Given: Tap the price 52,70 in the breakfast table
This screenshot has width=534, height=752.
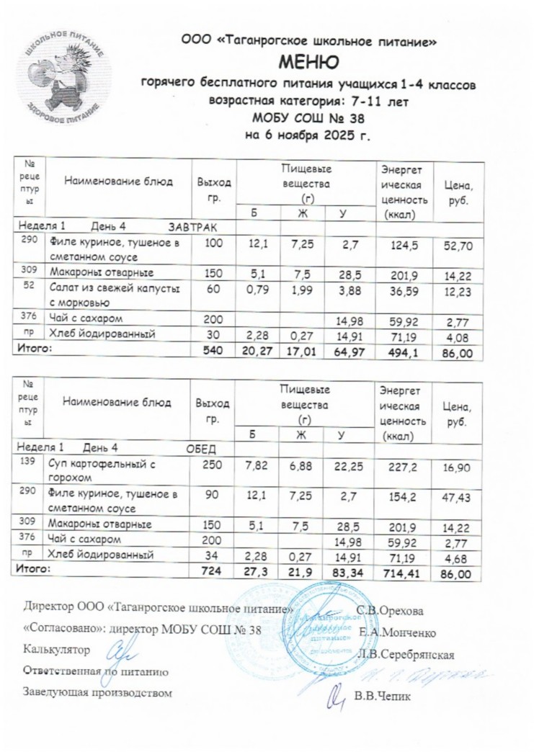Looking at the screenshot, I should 458,246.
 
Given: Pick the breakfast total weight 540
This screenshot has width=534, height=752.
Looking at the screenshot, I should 213,351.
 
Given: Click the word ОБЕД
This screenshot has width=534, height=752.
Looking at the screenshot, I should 201,449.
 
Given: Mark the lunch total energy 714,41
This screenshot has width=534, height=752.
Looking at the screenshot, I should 404,573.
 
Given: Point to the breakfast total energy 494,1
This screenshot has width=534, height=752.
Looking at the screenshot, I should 404,351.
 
